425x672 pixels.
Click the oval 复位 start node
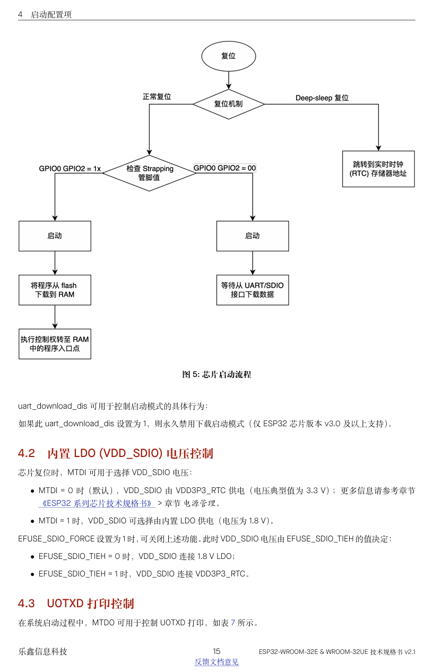pyautogui.click(x=229, y=56)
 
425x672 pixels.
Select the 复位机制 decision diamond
pyautogui.click(x=229, y=104)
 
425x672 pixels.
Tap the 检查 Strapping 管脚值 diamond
pyautogui.click(x=150, y=173)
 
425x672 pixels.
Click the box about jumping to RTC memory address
pyautogui.click(x=378, y=169)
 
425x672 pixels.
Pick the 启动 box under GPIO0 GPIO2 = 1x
pyautogui.click(x=55, y=236)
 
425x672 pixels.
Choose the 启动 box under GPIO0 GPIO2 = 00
pyautogui.click(x=253, y=236)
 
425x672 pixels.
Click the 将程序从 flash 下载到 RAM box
pyautogui.click(x=55, y=290)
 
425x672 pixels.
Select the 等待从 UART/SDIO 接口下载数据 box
pyautogui.click(x=253, y=290)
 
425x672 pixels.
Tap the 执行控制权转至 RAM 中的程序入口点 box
pyautogui.click(x=55, y=344)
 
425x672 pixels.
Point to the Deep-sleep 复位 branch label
pyautogui.click(x=322, y=98)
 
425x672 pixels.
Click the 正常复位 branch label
pyautogui.click(x=157, y=97)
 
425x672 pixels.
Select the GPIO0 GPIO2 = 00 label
pyautogui.click(x=224, y=168)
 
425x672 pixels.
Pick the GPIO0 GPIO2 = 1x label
pyautogui.click(x=70, y=169)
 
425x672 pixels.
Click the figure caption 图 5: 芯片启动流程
pyautogui.click(x=216, y=374)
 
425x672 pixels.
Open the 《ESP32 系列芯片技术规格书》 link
pyautogui.click(x=97, y=503)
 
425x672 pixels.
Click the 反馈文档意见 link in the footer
pyautogui.click(x=216, y=661)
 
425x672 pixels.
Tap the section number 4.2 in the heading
pyautogui.click(x=27, y=453)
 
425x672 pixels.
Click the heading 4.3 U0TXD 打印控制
pyautogui.click(x=76, y=604)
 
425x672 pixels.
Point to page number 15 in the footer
pyautogui.click(x=216, y=651)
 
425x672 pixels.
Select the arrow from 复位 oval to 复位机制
pyautogui.click(x=229, y=80)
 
